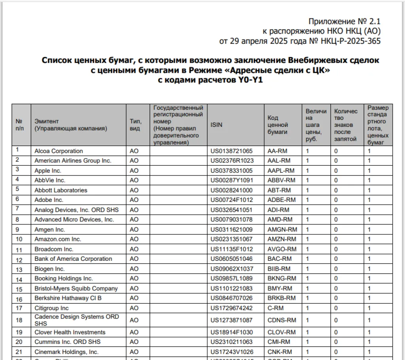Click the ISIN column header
216,125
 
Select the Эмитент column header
70,125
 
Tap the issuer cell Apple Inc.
48,171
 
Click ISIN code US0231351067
231,239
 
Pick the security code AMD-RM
280,219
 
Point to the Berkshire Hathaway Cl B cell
68,298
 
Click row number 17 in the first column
19,308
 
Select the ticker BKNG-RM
282,278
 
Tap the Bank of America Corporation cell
73,259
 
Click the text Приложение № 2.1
344,21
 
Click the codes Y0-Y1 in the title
250,80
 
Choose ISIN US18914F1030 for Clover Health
231,332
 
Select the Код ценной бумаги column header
278,125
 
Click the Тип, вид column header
135,125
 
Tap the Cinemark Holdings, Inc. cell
66,352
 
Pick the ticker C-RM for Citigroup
275,308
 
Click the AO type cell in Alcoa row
134,151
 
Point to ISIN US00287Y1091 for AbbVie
232,180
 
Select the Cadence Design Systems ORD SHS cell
76,320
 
